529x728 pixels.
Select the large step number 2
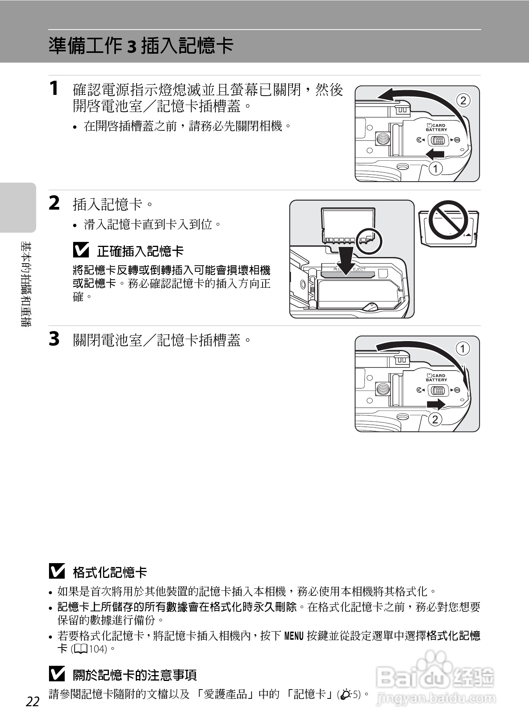tap(54, 203)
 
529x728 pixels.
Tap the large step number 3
tap(54, 338)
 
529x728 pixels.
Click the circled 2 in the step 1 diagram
tap(463, 101)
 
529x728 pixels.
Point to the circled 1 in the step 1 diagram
tap(436, 169)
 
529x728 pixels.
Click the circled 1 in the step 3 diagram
tap(462, 348)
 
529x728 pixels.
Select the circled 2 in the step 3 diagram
tap(435, 419)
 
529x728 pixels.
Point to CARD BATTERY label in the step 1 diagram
tap(436, 128)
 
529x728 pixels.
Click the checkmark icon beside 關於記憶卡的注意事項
tap(57, 674)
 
